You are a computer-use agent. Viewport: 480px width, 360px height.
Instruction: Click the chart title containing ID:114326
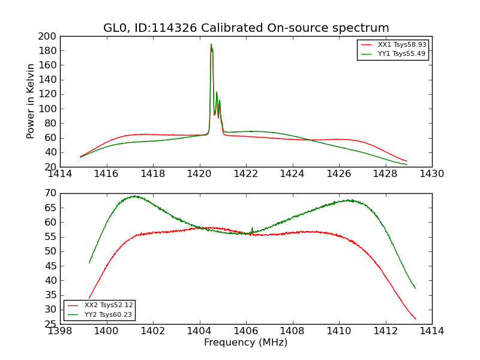246,28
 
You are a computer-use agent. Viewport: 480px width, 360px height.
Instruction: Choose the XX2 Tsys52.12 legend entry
109,305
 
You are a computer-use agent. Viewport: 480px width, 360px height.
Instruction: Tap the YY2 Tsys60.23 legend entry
109,314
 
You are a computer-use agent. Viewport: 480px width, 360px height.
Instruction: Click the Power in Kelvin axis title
31,101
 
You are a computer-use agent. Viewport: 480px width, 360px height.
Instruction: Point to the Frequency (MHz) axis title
246,343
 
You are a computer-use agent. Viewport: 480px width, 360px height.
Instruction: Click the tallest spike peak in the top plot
211,44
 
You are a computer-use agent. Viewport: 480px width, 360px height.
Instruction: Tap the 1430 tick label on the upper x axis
432,174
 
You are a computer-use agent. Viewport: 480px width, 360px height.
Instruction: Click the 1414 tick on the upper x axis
60,174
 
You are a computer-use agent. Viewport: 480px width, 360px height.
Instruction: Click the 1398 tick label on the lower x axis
60,331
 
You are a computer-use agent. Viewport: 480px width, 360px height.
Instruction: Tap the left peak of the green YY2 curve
135,196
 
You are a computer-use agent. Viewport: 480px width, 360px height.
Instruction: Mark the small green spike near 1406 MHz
252,227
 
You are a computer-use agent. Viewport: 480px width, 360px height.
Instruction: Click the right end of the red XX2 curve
415,319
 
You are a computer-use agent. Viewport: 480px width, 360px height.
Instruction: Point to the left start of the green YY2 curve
89,262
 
